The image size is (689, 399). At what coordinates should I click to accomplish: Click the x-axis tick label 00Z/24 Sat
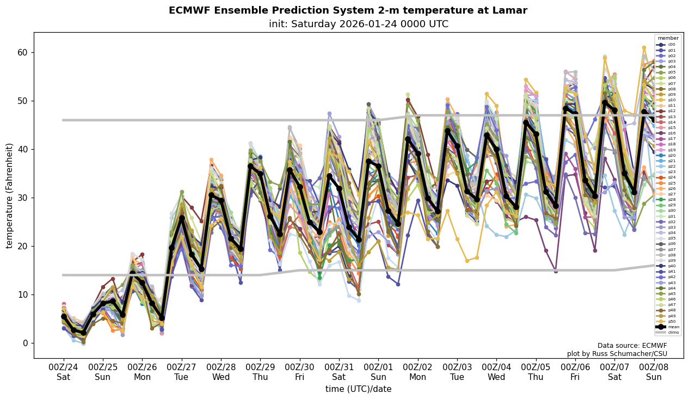pos(63,372)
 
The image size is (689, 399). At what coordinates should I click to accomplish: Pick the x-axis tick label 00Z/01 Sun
pos(378,372)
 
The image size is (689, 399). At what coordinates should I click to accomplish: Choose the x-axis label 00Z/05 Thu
pos(536,372)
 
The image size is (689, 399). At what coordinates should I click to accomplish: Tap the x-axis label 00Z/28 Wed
pos(221,372)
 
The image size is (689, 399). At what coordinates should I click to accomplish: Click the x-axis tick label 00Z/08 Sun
pos(654,372)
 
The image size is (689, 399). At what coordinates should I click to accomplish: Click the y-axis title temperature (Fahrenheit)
pos(9,195)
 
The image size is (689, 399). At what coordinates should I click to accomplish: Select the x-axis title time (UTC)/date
pos(358,389)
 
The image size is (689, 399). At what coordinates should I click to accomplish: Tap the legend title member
pos(668,38)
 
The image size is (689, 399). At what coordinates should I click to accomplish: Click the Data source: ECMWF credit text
pos(632,346)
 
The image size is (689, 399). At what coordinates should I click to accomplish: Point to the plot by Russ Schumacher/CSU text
pos(617,354)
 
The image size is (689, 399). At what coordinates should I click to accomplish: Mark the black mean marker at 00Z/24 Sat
pos(64,316)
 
